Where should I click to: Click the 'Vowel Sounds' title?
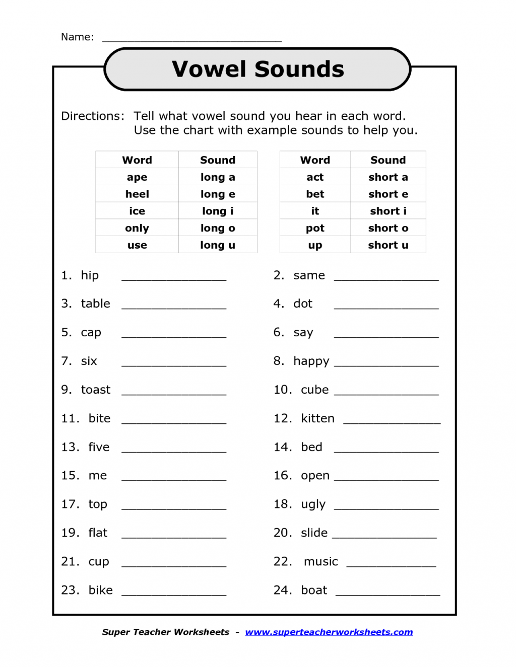pyautogui.click(x=257, y=69)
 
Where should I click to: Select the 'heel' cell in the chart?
pyautogui.click(x=137, y=194)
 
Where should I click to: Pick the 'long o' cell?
pyautogui.click(x=218, y=228)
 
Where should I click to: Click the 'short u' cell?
pyautogui.click(x=388, y=245)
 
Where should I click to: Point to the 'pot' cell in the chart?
pyautogui.click(x=315, y=228)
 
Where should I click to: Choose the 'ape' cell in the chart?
pyautogui.click(x=137, y=177)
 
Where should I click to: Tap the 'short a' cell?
pyautogui.click(x=388, y=177)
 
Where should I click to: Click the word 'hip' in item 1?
pyautogui.click(x=90, y=275)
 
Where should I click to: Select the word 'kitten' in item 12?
pyautogui.click(x=317, y=418)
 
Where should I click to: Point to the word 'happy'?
pyautogui.click(x=311, y=361)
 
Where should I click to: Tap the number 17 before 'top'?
pyautogui.click(x=70, y=504)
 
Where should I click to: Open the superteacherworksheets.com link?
pyautogui.click(x=329, y=632)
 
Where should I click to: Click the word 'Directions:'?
pyautogui.click(x=93, y=116)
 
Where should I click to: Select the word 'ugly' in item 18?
pyautogui.click(x=313, y=504)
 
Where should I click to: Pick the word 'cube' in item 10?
pyautogui.click(x=314, y=390)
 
